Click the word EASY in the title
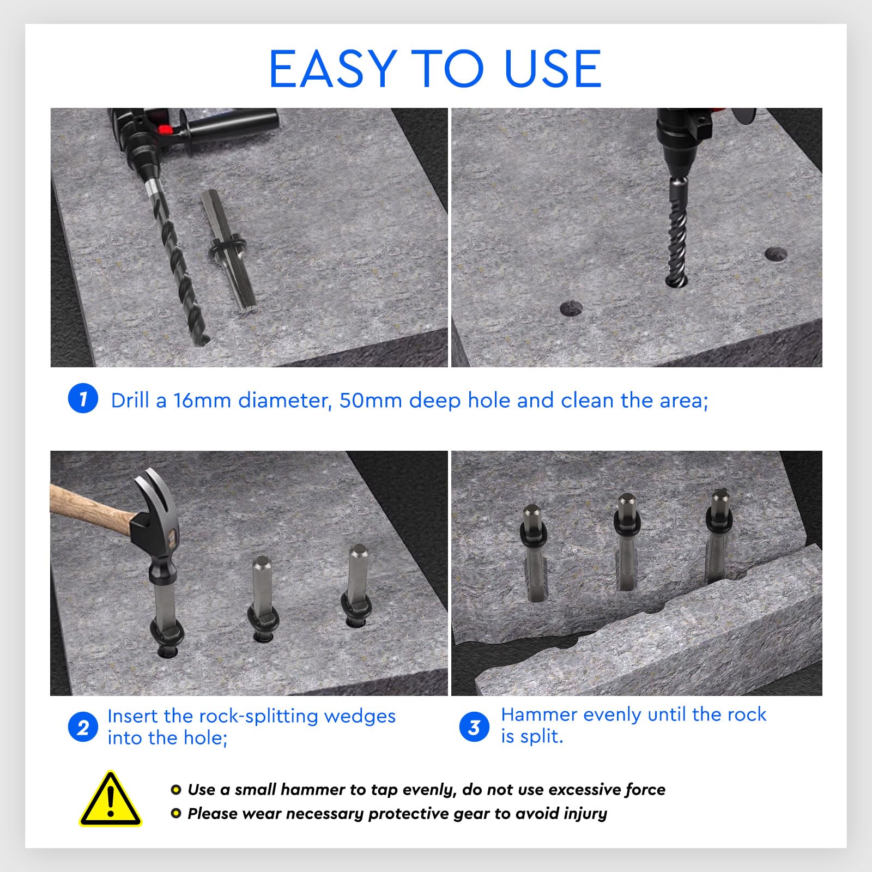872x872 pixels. (332, 69)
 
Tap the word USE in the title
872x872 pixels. (553, 69)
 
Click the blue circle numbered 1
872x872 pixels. (83, 398)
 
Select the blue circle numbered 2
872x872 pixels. (83, 728)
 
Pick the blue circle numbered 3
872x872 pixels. (474, 727)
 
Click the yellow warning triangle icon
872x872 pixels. (111, 798)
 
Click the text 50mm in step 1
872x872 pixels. (371, 401)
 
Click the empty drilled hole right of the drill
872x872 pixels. (776, 254)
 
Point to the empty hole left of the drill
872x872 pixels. (571, 308)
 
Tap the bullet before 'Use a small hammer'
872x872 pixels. (175, 789)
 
